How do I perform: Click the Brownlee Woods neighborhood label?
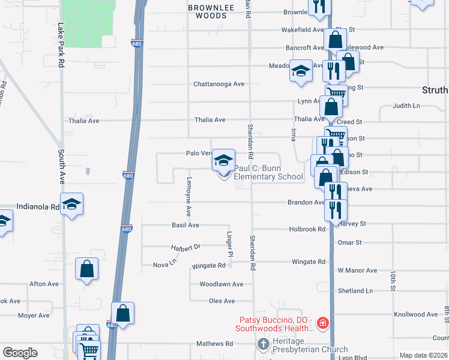(x=207, y=11)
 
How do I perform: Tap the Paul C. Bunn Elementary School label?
(x=268, y=173)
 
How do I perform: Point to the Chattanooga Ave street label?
(x=218, y=84)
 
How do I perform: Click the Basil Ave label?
(x=185, y=225)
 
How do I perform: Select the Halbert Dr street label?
(x=185, y=247)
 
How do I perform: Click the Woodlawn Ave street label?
(x=221, y=284)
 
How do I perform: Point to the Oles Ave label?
(x=221, y=301)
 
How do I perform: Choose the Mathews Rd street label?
(x=214, y=344)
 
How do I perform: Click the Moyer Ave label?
(x=34, y=315)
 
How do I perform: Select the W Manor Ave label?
(x=357, y=271)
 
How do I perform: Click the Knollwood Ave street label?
(x=416, y=314)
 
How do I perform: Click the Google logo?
(x=20, y=353)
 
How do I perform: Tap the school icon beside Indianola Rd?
(x=71, y=204)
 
